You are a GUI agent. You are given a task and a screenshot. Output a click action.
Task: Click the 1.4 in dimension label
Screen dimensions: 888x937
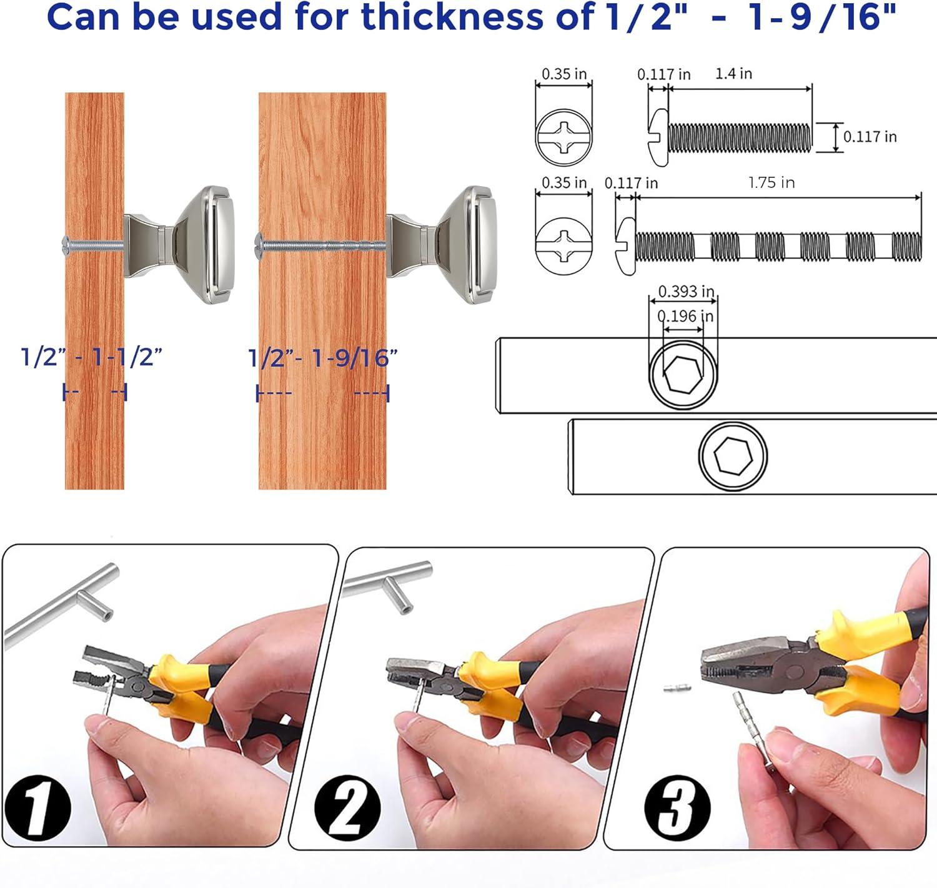(733, 74)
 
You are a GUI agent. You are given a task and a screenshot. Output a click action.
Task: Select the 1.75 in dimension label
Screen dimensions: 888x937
(771, 182)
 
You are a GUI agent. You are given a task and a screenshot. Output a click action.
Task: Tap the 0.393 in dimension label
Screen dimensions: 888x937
(686, 291)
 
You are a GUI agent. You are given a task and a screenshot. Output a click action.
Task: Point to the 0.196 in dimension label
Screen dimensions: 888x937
(685, 316)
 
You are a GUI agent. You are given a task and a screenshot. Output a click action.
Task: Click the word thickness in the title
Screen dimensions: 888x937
(452, 17)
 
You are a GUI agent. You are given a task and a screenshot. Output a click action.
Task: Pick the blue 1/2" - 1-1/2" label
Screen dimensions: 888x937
(91, 358)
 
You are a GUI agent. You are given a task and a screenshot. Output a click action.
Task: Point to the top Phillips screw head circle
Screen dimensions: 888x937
(563, 137)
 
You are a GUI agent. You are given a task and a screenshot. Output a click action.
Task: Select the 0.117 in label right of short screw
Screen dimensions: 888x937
(870, 136)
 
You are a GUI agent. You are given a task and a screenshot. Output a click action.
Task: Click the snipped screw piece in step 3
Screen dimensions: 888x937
(677, 689)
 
